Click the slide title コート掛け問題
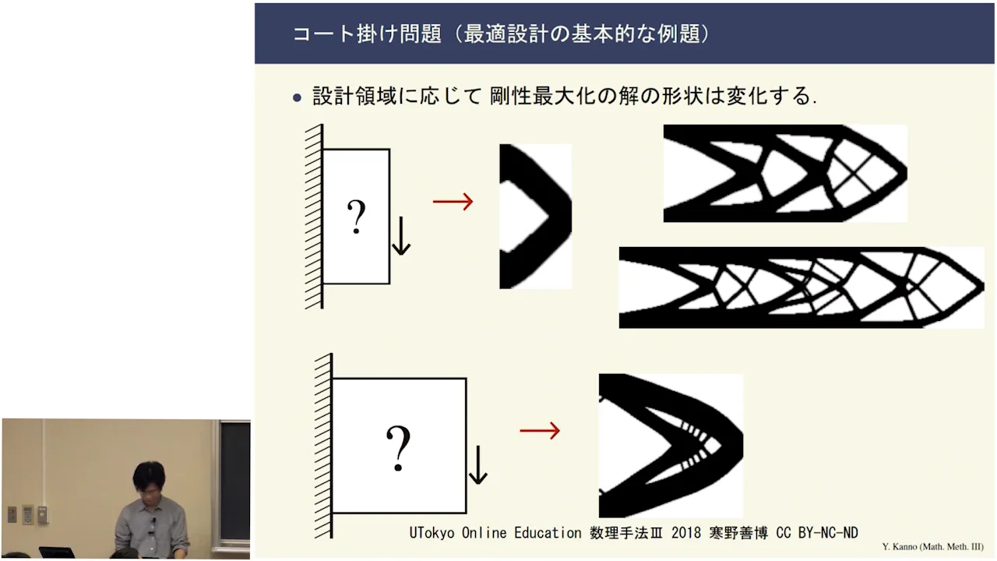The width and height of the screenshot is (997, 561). (x=366, y=34)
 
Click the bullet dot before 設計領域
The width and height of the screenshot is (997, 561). (x=296, y=98)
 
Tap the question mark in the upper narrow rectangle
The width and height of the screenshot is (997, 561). (x=356, y=217)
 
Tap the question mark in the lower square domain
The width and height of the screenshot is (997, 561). (x=398, y=449)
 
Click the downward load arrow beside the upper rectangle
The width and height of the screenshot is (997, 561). (x=400, y=236)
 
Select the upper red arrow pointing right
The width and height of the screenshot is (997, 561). (x=453, y=202)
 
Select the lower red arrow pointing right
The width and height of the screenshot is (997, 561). (x=540, y=430)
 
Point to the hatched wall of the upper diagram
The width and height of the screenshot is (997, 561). (x=314, y=216)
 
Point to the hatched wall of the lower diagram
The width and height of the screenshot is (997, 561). (x=323, y=446)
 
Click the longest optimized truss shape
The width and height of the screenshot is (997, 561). (x=801, y=287)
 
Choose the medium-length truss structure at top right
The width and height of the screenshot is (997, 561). (x=784, y=173)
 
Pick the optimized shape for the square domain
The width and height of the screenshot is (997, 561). (x=670, y=446)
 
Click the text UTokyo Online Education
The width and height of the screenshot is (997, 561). (x=495, y=533)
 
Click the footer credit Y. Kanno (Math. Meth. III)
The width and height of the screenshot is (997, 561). (x=932, y=547)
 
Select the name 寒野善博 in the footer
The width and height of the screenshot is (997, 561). (x=738, y=533)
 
